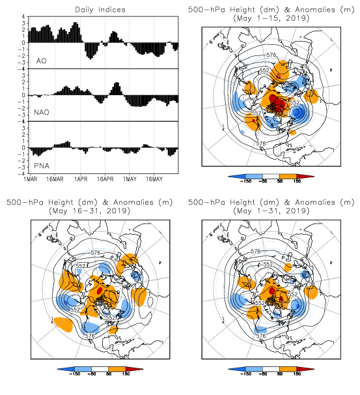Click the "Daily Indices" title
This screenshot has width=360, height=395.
pos(100,10)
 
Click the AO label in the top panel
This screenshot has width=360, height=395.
pos(41,61)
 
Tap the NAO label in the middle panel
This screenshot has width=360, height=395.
pos(42,112)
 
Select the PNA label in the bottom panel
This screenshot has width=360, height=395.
pos(42,166)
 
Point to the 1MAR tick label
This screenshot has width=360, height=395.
pos(31,179)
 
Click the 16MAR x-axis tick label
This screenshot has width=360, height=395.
pos(55,179)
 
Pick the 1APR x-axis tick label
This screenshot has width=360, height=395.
pos(81,179)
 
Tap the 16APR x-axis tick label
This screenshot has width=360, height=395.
pos(105,179)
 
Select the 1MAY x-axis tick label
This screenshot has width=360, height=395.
pos(130,179)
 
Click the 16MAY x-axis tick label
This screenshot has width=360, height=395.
pos(154,179)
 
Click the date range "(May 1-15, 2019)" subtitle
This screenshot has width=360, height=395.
pos(271,18)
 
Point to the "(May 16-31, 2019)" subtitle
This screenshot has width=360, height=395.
pos(90,211)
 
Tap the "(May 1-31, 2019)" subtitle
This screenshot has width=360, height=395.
pos(271,211)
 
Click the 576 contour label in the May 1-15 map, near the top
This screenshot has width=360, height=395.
pos(271,55)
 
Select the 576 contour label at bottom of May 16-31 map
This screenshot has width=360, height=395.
pos(90,335)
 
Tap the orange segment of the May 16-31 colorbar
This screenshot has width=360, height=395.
pos(117,369)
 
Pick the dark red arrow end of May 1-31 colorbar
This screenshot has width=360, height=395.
pos(305,369)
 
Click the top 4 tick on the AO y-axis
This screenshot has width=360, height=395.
pos(23,17)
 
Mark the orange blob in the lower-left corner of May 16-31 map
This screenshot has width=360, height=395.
pos(63,325)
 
